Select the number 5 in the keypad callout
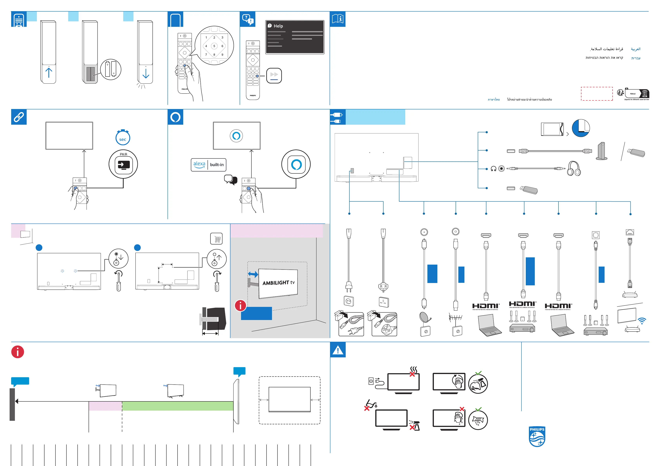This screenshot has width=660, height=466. pos(214,46)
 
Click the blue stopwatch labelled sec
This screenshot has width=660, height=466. pos(123,138)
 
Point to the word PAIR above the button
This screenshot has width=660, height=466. pos(123,154)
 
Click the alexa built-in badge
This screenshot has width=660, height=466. pos(209,165)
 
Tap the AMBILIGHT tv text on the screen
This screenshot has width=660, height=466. pos(278,283)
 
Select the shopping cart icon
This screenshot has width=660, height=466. pos(217,239)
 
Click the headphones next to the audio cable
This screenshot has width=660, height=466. pos(574,169)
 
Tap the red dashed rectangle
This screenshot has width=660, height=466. pos(597,94)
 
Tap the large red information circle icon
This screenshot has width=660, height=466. pos(17,352)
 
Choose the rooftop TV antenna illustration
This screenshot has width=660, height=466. pos(456,318)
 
